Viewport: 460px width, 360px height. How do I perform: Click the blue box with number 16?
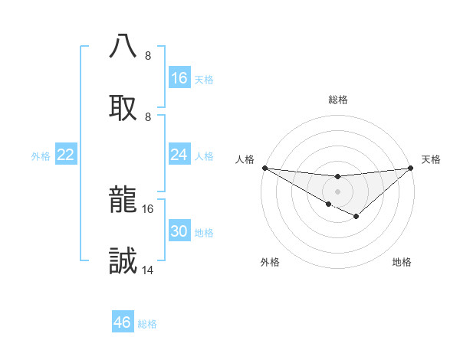(179, 78)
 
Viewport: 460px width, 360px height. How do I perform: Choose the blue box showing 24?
(179, 155)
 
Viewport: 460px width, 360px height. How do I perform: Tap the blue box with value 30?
(179, 231)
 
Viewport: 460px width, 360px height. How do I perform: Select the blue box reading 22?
(66, 155)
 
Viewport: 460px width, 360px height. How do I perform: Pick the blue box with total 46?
(123, 322)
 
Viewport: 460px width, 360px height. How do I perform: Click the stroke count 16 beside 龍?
(148, 208)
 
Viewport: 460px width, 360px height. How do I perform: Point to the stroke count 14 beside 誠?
(148, 270)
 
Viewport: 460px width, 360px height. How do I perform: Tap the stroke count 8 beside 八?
(148, 56)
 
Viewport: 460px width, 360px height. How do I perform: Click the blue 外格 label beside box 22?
(41, 155)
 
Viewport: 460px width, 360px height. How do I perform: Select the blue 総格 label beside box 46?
(147, 324)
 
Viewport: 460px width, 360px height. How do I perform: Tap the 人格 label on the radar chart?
(245, 159)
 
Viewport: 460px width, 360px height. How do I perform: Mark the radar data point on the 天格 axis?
(411, 168)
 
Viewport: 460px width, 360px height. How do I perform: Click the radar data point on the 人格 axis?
(264, 168)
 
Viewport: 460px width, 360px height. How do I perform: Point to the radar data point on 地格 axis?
(356, 217)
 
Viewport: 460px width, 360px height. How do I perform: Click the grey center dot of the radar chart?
(337, 191)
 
